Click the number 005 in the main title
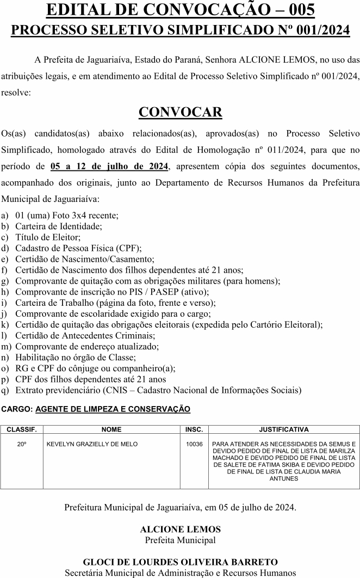point(295,10)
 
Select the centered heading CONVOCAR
point(180,112)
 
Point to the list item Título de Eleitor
point(48,237)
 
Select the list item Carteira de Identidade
point(59,226)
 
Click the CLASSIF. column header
point(22,429)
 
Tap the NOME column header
point(111,429)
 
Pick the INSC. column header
point(194,429)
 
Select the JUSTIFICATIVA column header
point(284,429)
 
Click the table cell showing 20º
point(22,444)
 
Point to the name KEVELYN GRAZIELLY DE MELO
point(92,444)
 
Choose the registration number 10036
point(194,444)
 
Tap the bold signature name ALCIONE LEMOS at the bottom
point(180,529)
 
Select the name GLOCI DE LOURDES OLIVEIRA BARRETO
point(180,562)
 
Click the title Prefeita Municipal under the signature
point(180,540)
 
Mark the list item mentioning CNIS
point(158,390)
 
